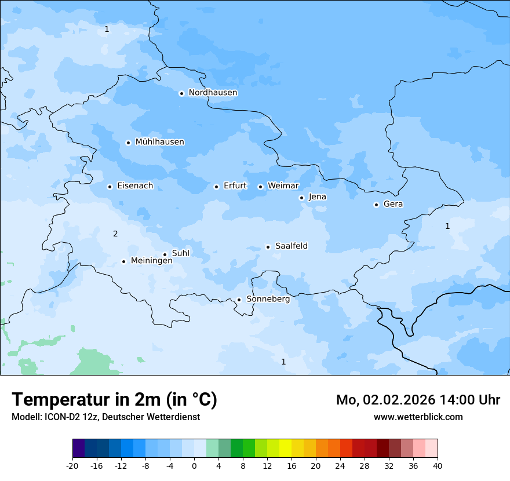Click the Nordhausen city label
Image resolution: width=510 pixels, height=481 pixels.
coord(213,93)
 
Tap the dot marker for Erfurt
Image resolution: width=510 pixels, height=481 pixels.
coord(216,187)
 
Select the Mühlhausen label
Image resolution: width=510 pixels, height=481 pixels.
coord(159,142)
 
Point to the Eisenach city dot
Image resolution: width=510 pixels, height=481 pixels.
coord(110,187)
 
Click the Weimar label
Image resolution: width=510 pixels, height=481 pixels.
coord(283,186)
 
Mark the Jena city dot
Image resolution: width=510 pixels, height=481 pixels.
coord(301,198)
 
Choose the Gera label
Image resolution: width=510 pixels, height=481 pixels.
coord(393,204)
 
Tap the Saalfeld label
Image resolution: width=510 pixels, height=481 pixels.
coord(291,246)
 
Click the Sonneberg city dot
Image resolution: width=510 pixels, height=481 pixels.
coord(239,300)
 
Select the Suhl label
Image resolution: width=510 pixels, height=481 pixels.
coord(180,253)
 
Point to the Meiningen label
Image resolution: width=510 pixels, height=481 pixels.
coord(151,261)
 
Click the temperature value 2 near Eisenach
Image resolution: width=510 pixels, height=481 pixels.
coord(115,234)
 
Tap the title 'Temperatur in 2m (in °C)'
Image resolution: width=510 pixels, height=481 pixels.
coord(114,399)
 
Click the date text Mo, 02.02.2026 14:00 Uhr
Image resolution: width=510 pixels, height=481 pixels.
coord(418,400)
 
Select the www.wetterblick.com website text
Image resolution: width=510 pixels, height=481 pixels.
coord(418,417)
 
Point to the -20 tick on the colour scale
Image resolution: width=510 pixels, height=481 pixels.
coord(72,465)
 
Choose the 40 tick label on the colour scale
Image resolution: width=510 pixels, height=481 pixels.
coord(438,465)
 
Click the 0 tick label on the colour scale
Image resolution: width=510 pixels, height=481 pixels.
coord(194,465)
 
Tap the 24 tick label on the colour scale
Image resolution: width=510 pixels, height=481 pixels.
coord(340,465)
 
